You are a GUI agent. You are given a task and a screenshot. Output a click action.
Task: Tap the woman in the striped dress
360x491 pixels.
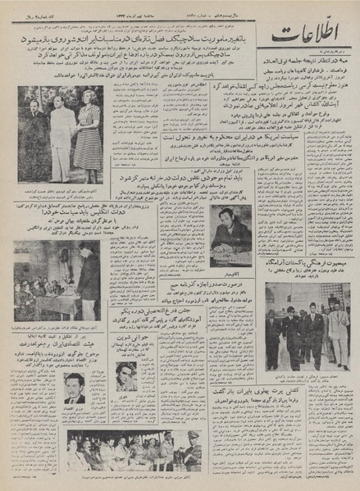pos(89,131)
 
